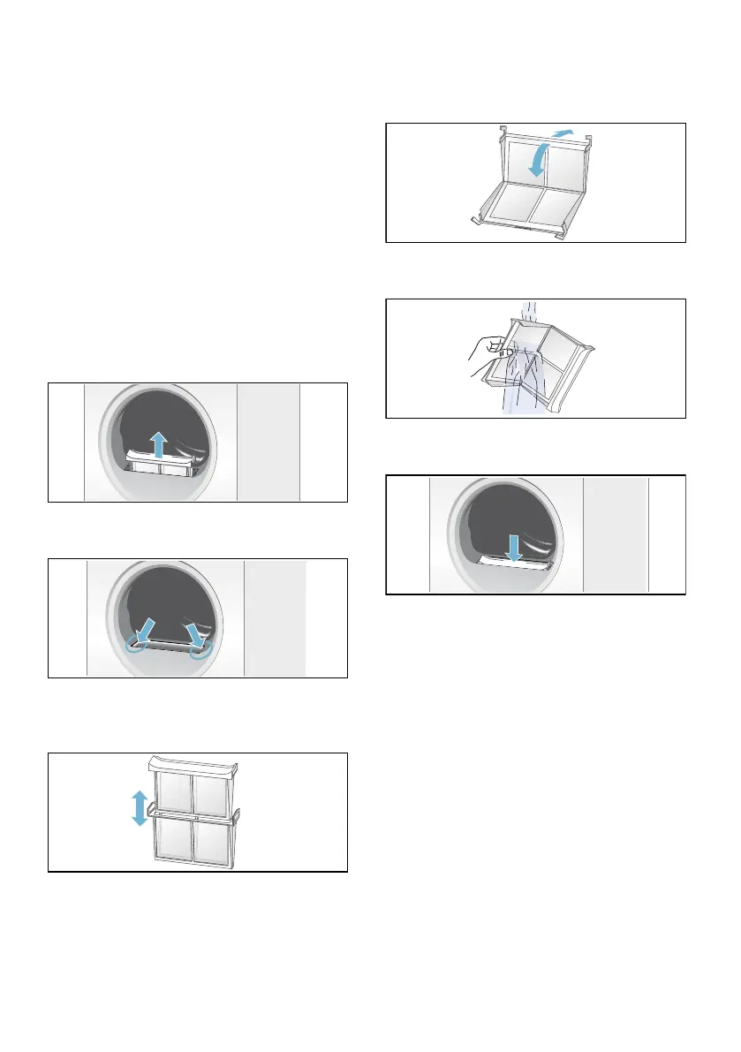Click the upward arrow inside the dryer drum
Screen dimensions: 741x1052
158,443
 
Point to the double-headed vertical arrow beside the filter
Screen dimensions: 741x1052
139,808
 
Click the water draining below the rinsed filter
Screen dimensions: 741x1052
517,402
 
